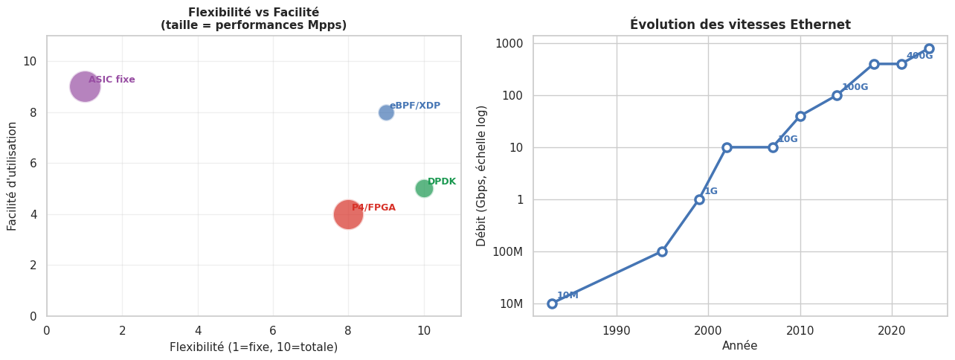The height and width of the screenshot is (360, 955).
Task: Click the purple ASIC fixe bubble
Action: pos(85,86)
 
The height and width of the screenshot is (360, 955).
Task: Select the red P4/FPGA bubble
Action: pos(348,214)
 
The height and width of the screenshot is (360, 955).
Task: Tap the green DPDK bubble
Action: pos(424,188)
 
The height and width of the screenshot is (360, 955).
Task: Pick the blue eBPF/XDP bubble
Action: pos(386,112)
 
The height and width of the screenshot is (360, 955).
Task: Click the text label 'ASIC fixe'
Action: pos(112,80)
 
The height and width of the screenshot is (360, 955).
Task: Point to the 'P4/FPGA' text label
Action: pos(373,208)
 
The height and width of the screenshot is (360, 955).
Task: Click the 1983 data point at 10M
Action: pos(552,303)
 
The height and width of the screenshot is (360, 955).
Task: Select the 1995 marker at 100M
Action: pos(662,251)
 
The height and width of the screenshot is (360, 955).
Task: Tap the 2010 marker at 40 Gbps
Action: pos(800,116)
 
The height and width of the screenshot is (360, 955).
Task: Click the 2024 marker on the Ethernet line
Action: pos(929,48)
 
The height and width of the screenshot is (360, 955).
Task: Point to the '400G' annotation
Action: pos(919,56)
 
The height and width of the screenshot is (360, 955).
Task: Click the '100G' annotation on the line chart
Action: pos(855,87)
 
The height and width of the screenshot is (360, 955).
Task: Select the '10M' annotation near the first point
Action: pos(567,295)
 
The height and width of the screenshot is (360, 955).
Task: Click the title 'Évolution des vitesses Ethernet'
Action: pos(740,25)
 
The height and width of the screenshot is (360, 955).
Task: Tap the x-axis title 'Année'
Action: pos(740,346)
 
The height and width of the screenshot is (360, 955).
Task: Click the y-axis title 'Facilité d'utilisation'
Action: pos(13,176)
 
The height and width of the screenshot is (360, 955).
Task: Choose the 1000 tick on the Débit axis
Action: pos(509,43)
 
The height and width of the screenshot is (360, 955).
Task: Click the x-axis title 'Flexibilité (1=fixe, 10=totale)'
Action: pos(254,347)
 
